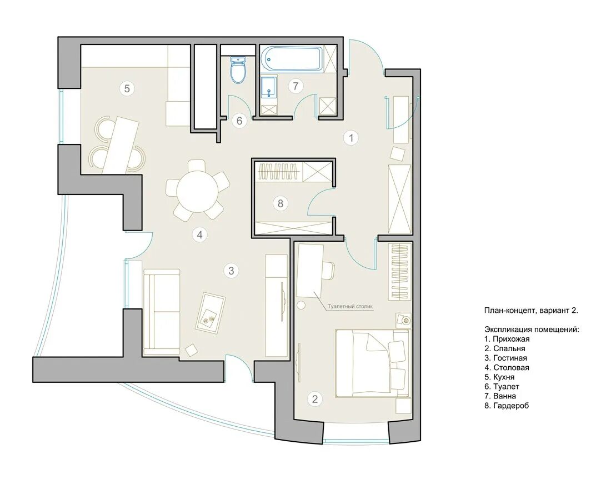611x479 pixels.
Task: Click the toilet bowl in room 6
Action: pos(238,70)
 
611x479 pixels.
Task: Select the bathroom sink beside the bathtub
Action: pos(268,88)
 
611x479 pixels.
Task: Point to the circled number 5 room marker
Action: pos(127,88)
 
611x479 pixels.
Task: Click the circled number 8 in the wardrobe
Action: pos(280,203)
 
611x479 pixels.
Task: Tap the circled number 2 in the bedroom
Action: pos(315,398)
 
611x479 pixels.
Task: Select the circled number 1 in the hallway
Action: pos(351,138)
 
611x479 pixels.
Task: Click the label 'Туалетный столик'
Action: pos(350,306)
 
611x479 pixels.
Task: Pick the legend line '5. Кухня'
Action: pos(499,377)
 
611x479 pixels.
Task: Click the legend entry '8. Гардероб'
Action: pos(507,406)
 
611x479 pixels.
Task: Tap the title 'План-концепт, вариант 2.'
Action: pos(531,311)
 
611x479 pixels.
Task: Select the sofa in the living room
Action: pos(161,312)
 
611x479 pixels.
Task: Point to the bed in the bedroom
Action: pos(373,363)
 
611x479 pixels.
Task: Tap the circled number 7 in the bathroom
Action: pos(296,86)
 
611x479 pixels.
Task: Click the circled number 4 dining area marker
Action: pos(199,234)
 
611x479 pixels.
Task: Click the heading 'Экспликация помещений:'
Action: pos(532,330)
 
